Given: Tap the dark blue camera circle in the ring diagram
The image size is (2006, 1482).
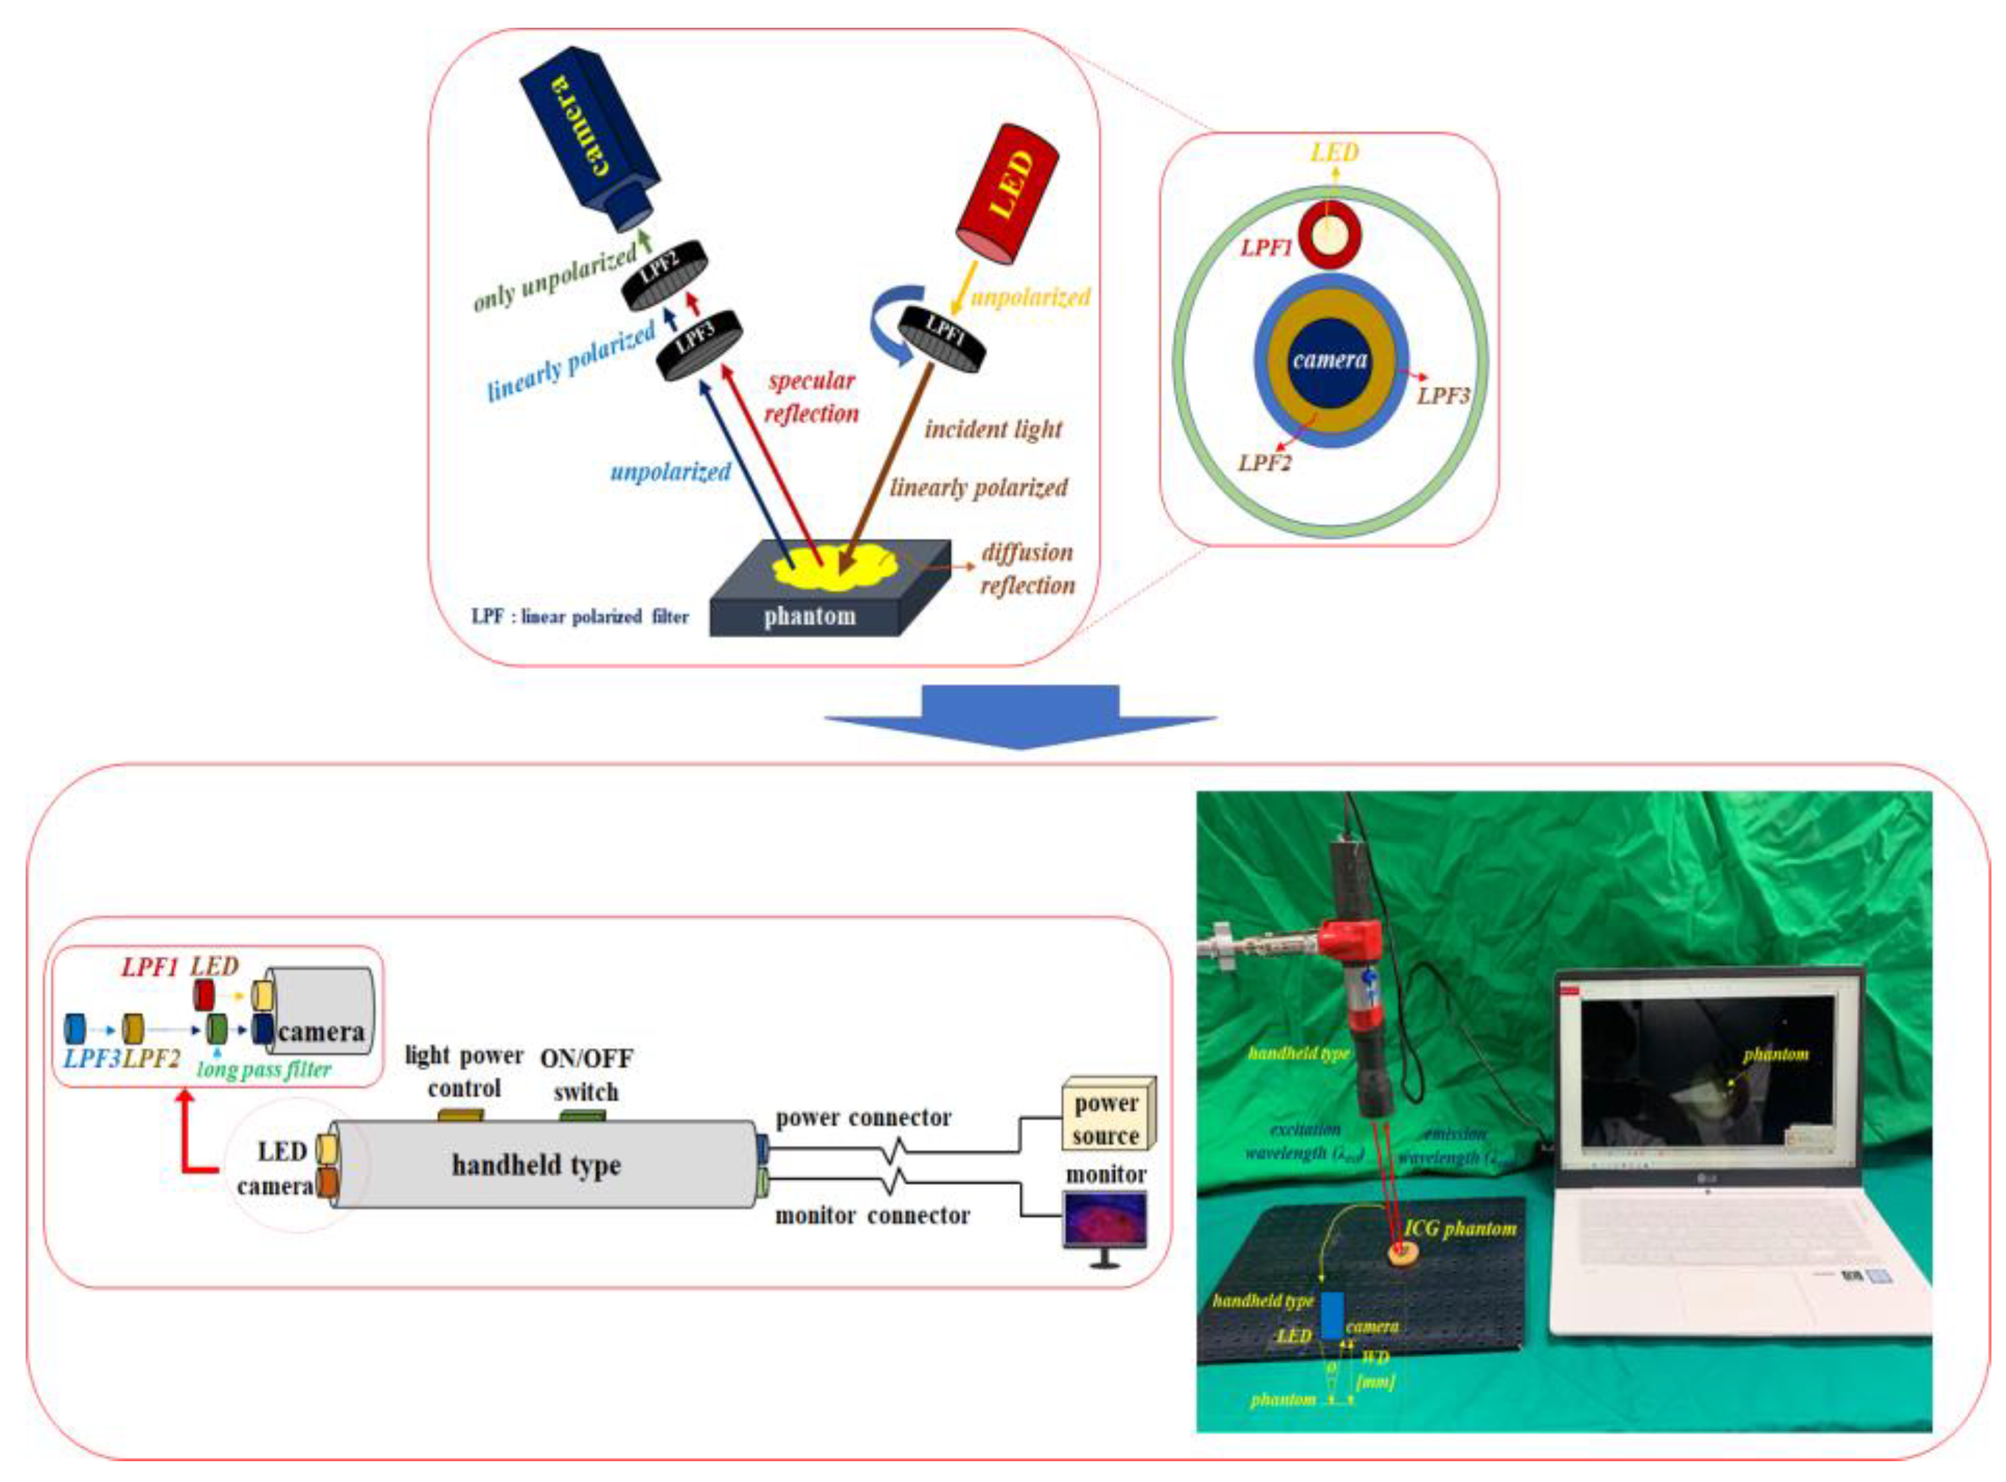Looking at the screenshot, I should tap(1329, 361).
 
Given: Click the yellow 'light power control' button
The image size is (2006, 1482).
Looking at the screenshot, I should tap(460, 1116).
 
